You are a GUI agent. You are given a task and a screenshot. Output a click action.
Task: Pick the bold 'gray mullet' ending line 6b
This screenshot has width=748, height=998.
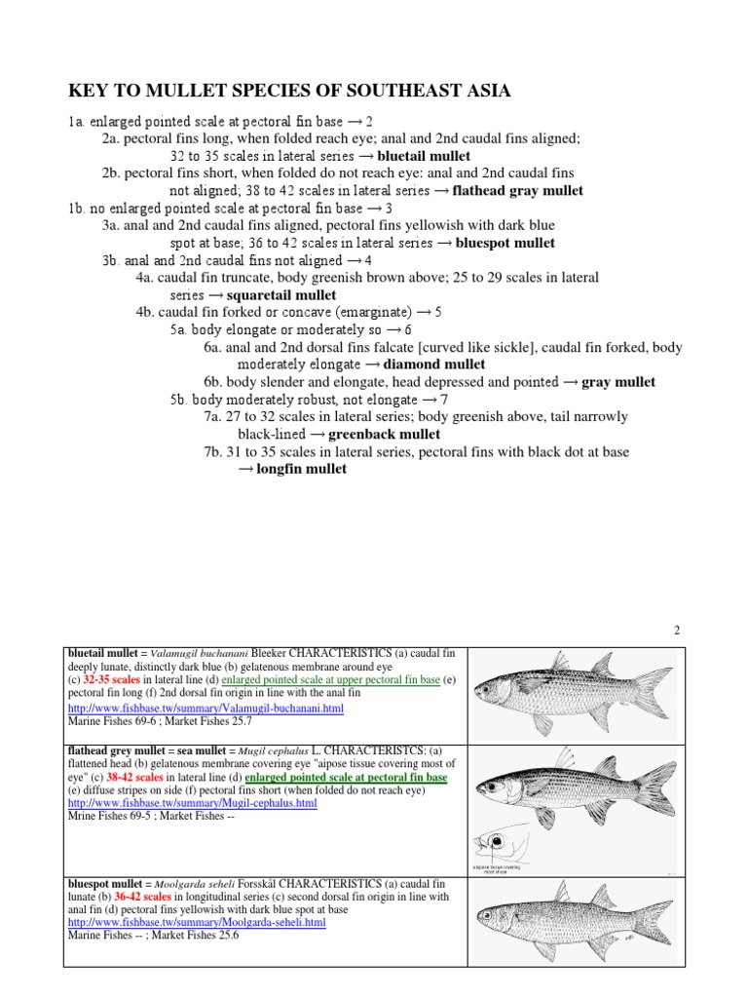pyautogui.click(x=618, y=382)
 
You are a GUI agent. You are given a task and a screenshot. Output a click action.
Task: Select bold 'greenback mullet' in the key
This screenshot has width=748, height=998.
pyautogui.click(x=384, y=434)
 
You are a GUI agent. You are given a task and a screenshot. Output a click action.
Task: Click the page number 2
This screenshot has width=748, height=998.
pyautogui.click(x=676, y=631)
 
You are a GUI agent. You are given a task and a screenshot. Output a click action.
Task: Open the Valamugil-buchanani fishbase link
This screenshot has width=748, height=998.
pyautogui.click(x=206, y=709)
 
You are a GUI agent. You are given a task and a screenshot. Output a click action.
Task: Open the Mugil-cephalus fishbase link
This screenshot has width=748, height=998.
pyautogui.click(x=192, y=803)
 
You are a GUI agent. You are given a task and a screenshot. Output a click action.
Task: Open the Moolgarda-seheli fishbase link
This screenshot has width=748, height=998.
pyautogui.click(x=197, y=922)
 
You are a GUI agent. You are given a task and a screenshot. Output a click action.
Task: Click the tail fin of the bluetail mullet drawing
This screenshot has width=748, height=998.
pyautogui.click(x=652, y=691)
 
